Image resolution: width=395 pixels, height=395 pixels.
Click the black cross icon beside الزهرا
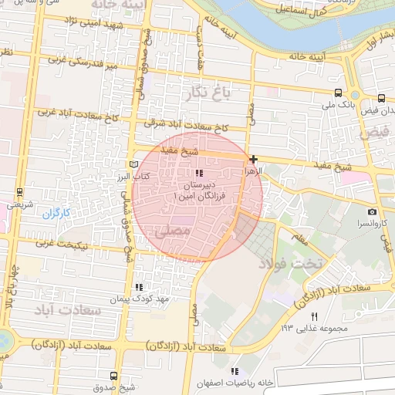[253, 159]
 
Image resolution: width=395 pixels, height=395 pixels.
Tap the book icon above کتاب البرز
[134, 164]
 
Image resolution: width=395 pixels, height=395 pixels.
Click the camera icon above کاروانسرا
[373, 211]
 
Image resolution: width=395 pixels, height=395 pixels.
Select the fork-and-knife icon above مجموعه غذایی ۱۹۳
[314, 317]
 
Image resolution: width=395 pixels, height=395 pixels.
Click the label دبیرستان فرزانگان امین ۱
[199, 192]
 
